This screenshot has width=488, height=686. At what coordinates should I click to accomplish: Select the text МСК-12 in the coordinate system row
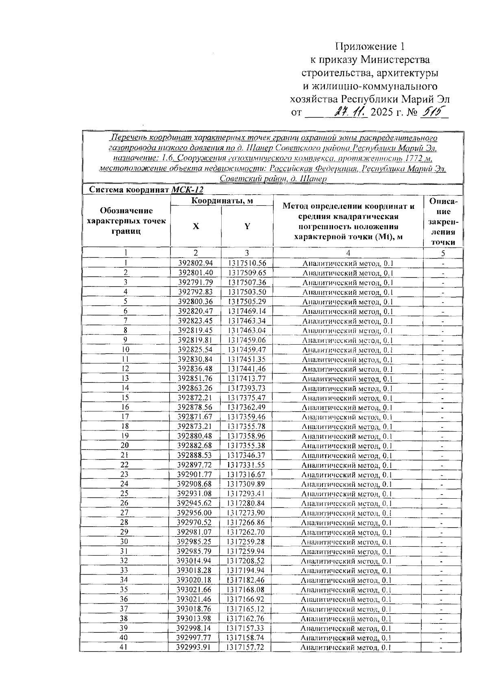click(x=187, y=190)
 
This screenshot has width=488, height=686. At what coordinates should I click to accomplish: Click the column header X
click(x=196, y=226)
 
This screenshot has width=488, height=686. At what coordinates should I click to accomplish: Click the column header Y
click(x=247, y=226)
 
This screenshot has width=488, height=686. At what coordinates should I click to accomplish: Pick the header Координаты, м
click(x=221, y=201)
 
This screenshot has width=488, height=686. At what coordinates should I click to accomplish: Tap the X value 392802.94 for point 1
click(x=196, y=263)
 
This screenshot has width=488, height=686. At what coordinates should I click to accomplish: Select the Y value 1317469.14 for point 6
click(x=247, y=311)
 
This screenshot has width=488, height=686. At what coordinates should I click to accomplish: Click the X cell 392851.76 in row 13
click(x=196, y=379)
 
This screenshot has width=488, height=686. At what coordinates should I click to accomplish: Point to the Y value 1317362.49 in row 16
click(x=247, y=408)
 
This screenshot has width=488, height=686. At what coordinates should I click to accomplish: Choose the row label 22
click(x=125, y=465)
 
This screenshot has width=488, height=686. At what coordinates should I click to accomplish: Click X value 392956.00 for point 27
click(x=195, y=513)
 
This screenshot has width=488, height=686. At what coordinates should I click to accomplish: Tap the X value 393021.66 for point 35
click(x=194, y=590)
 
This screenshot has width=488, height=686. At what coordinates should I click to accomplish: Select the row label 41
click(x=124, y=647)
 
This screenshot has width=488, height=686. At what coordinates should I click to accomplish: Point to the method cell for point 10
click(x=348, y=350)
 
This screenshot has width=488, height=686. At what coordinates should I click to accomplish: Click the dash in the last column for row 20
click(x=442, y=446)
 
